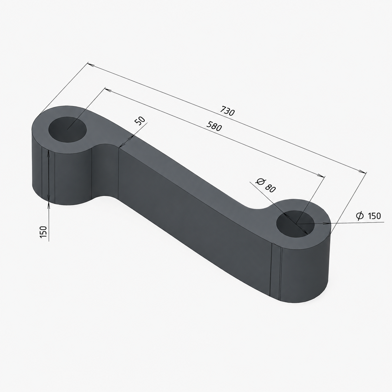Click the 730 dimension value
pos(228,111)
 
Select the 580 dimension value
pos(214,126)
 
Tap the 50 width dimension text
pos(140,121)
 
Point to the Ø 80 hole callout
pos(266,185)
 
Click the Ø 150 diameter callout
pos(368,216)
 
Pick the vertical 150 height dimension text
pos(43,232)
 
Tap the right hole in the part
pos(295,224)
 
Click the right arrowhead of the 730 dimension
pos(363,172)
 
